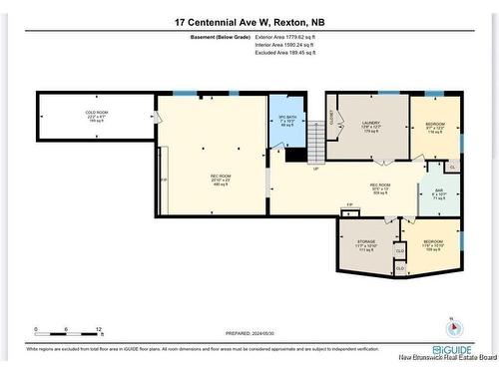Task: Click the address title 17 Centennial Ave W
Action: [x=249, y=21]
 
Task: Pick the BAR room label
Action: [x=437, y=194]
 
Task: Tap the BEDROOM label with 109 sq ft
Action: [x=432, y=243]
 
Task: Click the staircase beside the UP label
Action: [x=315, y=149]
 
